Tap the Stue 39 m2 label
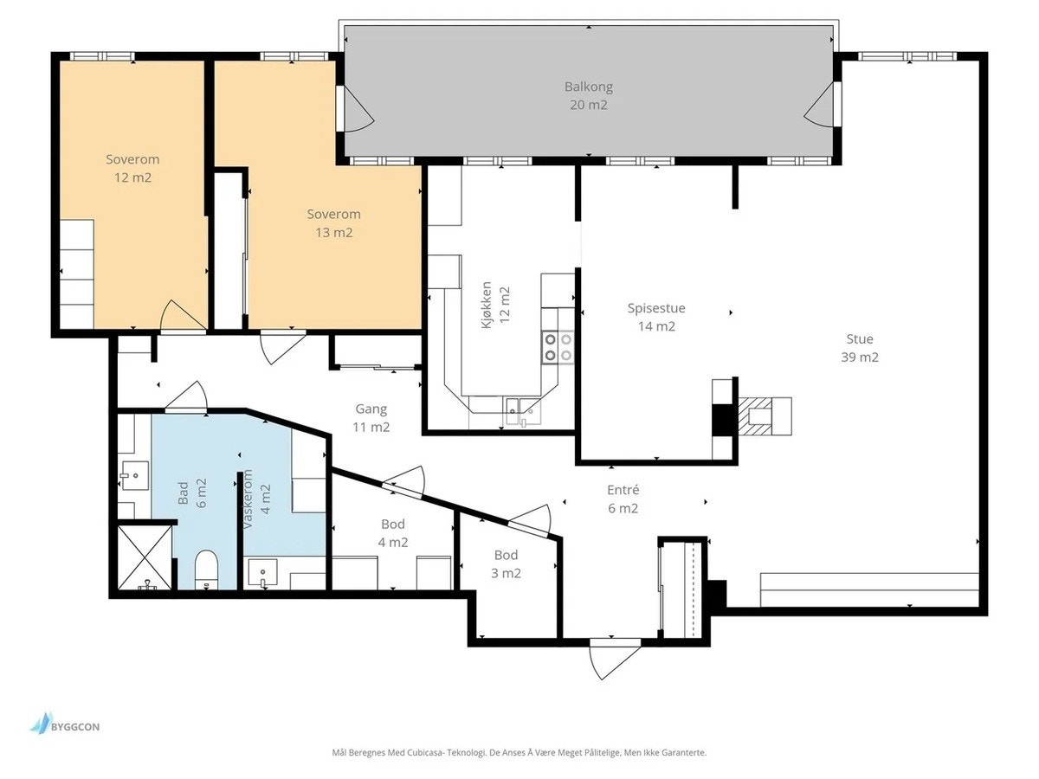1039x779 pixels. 860,348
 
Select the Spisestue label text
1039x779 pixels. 656,308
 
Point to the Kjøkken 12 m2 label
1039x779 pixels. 495,305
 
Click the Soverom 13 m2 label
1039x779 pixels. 333,223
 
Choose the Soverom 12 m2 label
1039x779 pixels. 132,169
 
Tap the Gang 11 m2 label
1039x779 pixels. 371,418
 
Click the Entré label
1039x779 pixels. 623,490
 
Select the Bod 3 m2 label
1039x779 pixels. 506,563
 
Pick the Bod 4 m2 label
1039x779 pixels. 393,533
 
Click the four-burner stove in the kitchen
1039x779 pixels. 558,347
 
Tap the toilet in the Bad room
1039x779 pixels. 206,570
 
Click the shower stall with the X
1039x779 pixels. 145,557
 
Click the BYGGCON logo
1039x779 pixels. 65,726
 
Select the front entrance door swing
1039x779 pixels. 614,659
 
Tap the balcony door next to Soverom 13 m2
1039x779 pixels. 356,109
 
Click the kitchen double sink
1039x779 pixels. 521,412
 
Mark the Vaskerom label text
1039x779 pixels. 248,499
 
